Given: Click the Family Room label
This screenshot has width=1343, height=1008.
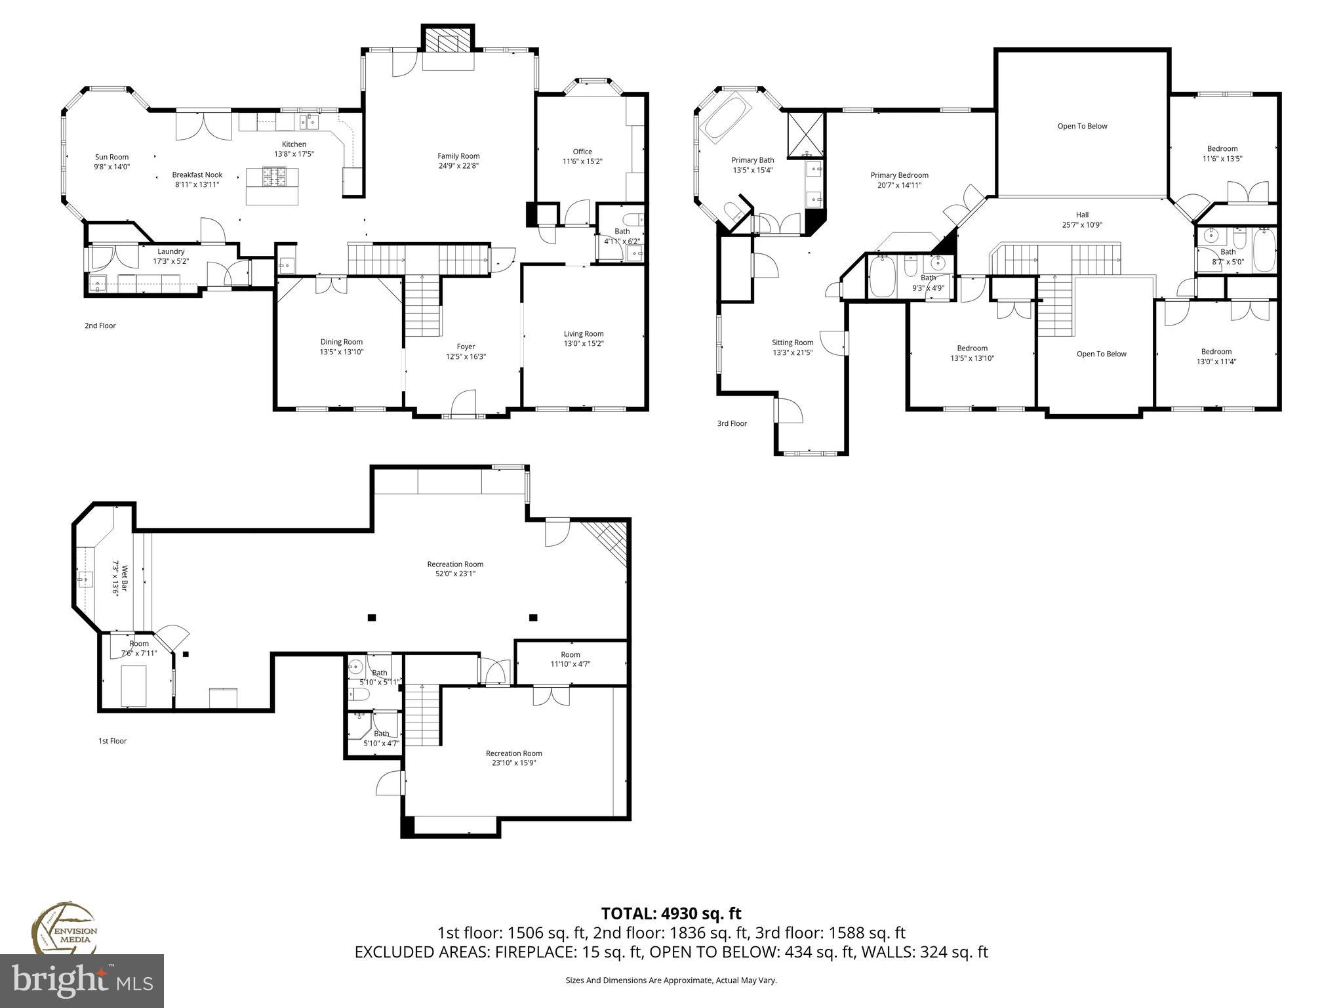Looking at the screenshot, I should [x=458, y=156].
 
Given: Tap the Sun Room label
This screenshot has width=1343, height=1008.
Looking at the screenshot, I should [x=111, y=157].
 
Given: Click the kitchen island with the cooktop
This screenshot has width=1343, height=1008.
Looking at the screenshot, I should [x=272, y=186].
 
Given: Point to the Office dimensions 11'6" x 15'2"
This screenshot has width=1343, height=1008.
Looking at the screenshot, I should [x=582, y=161].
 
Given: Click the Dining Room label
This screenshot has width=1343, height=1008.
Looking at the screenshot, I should [x=341, y=342].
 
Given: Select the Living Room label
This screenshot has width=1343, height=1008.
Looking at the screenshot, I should [x=583, y=334].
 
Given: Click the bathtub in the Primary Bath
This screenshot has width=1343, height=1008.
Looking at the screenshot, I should [x=724, y=118].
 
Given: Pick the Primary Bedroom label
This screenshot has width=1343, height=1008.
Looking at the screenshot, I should [x=899, y=175].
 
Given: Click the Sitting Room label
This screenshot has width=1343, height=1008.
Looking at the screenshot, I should [x=792, y=343].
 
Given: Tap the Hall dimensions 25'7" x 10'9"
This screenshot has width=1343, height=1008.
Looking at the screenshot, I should [x=1082, y=225].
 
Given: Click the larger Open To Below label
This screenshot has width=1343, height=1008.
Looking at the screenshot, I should [x=1082, y=126].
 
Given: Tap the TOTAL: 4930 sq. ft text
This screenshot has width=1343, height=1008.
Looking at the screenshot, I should [x=671, y=913].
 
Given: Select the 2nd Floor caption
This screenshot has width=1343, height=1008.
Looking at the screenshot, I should [x=100, y=325].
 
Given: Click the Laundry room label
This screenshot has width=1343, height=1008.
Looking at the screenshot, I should [x=170, y=251].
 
